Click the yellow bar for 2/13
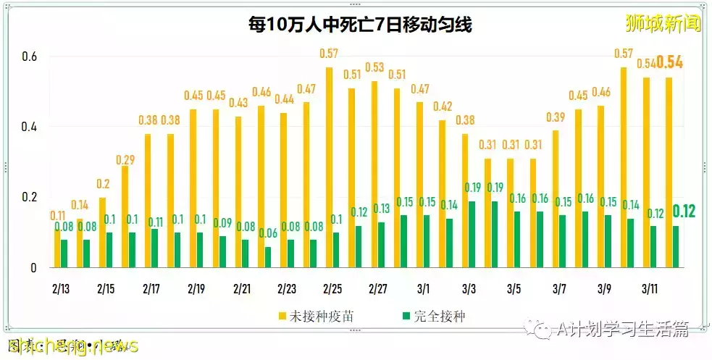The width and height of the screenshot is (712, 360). click(x=57, y=248)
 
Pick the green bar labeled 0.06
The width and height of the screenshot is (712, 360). click(x=268, y=257)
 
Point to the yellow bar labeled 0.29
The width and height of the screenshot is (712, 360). click(x=125, y=217)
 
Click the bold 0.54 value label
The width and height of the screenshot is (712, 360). click(x=669, y=62)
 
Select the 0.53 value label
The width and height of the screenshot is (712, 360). click(x=374, y=67)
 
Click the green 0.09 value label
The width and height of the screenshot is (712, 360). click(x=222, y=223)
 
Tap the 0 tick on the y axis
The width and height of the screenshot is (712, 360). click(x=33, y=268)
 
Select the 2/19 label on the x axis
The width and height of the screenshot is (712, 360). click(x=196, y=288)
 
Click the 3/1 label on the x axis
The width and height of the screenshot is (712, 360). click(x=424, y=288)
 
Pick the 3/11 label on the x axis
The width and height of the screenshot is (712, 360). click(x=650, y=288)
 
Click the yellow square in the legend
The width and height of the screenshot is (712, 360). click(x=282, y=317)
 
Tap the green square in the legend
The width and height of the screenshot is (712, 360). click(x=406, y=317)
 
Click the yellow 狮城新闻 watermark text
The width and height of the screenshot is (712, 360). click(x=663, y=24)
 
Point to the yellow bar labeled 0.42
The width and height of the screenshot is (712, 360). click(x=442, y=193)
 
